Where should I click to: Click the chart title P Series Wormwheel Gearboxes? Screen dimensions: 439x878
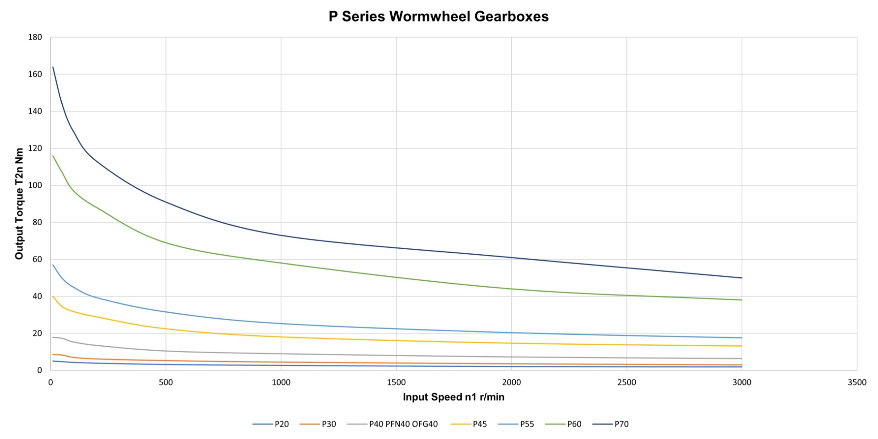[x=438, y=16]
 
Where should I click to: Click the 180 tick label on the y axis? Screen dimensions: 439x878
[x=35, y=37]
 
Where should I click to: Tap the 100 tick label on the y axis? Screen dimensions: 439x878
[x=35, y=185]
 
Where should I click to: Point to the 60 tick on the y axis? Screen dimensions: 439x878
[x=37, y=259]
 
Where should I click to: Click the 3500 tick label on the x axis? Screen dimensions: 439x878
[x=857, y=383]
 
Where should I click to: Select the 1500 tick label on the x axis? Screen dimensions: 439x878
[x=396, y=383]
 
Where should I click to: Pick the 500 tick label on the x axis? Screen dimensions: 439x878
[x=166, y=383]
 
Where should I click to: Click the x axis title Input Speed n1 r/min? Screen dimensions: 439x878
[x=453, y=397]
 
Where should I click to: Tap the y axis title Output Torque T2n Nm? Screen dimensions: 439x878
[x=19, y=203]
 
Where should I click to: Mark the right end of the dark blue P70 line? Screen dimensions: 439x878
[x=742, y=278]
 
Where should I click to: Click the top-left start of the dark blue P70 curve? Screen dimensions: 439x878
[x=53, y=67]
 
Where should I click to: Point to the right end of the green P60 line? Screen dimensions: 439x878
[x=742, y=300]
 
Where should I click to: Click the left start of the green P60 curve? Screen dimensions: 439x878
[x=53, y=155]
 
